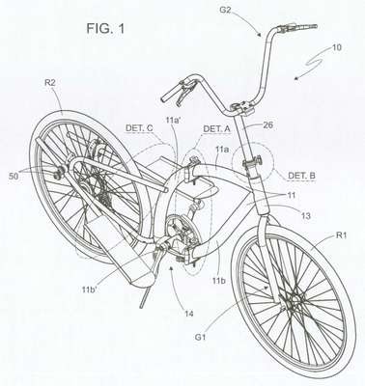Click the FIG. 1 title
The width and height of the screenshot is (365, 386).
click(x=105, y=29)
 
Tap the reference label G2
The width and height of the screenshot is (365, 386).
click(x=225, y=11)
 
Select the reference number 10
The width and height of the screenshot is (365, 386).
click(x=336, y=48)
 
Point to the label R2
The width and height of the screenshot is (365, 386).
click(x=50, y=83)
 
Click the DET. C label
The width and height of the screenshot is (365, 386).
click(x=139, y=128)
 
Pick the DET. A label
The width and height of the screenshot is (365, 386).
click(x=217, y=129)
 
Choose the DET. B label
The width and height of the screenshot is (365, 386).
click(x=301, y=176)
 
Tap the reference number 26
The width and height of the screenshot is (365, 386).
click(x=267, y=124)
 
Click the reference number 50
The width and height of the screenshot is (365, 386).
click(x=14, y=176)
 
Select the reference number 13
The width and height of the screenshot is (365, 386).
click(x=305, y=216)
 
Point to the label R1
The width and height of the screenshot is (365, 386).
click(x=341, y=235)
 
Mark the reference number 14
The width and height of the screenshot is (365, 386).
click(x=189, y=313)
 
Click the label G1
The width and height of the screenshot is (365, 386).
click(x=200, y=338)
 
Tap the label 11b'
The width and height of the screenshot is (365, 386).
click(x=90, y=289)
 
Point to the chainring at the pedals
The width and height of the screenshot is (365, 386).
click(x=177, y=231)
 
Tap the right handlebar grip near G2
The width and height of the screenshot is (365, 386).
click(x=306, y=26)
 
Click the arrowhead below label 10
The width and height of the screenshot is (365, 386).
click(x=296, y=77)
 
